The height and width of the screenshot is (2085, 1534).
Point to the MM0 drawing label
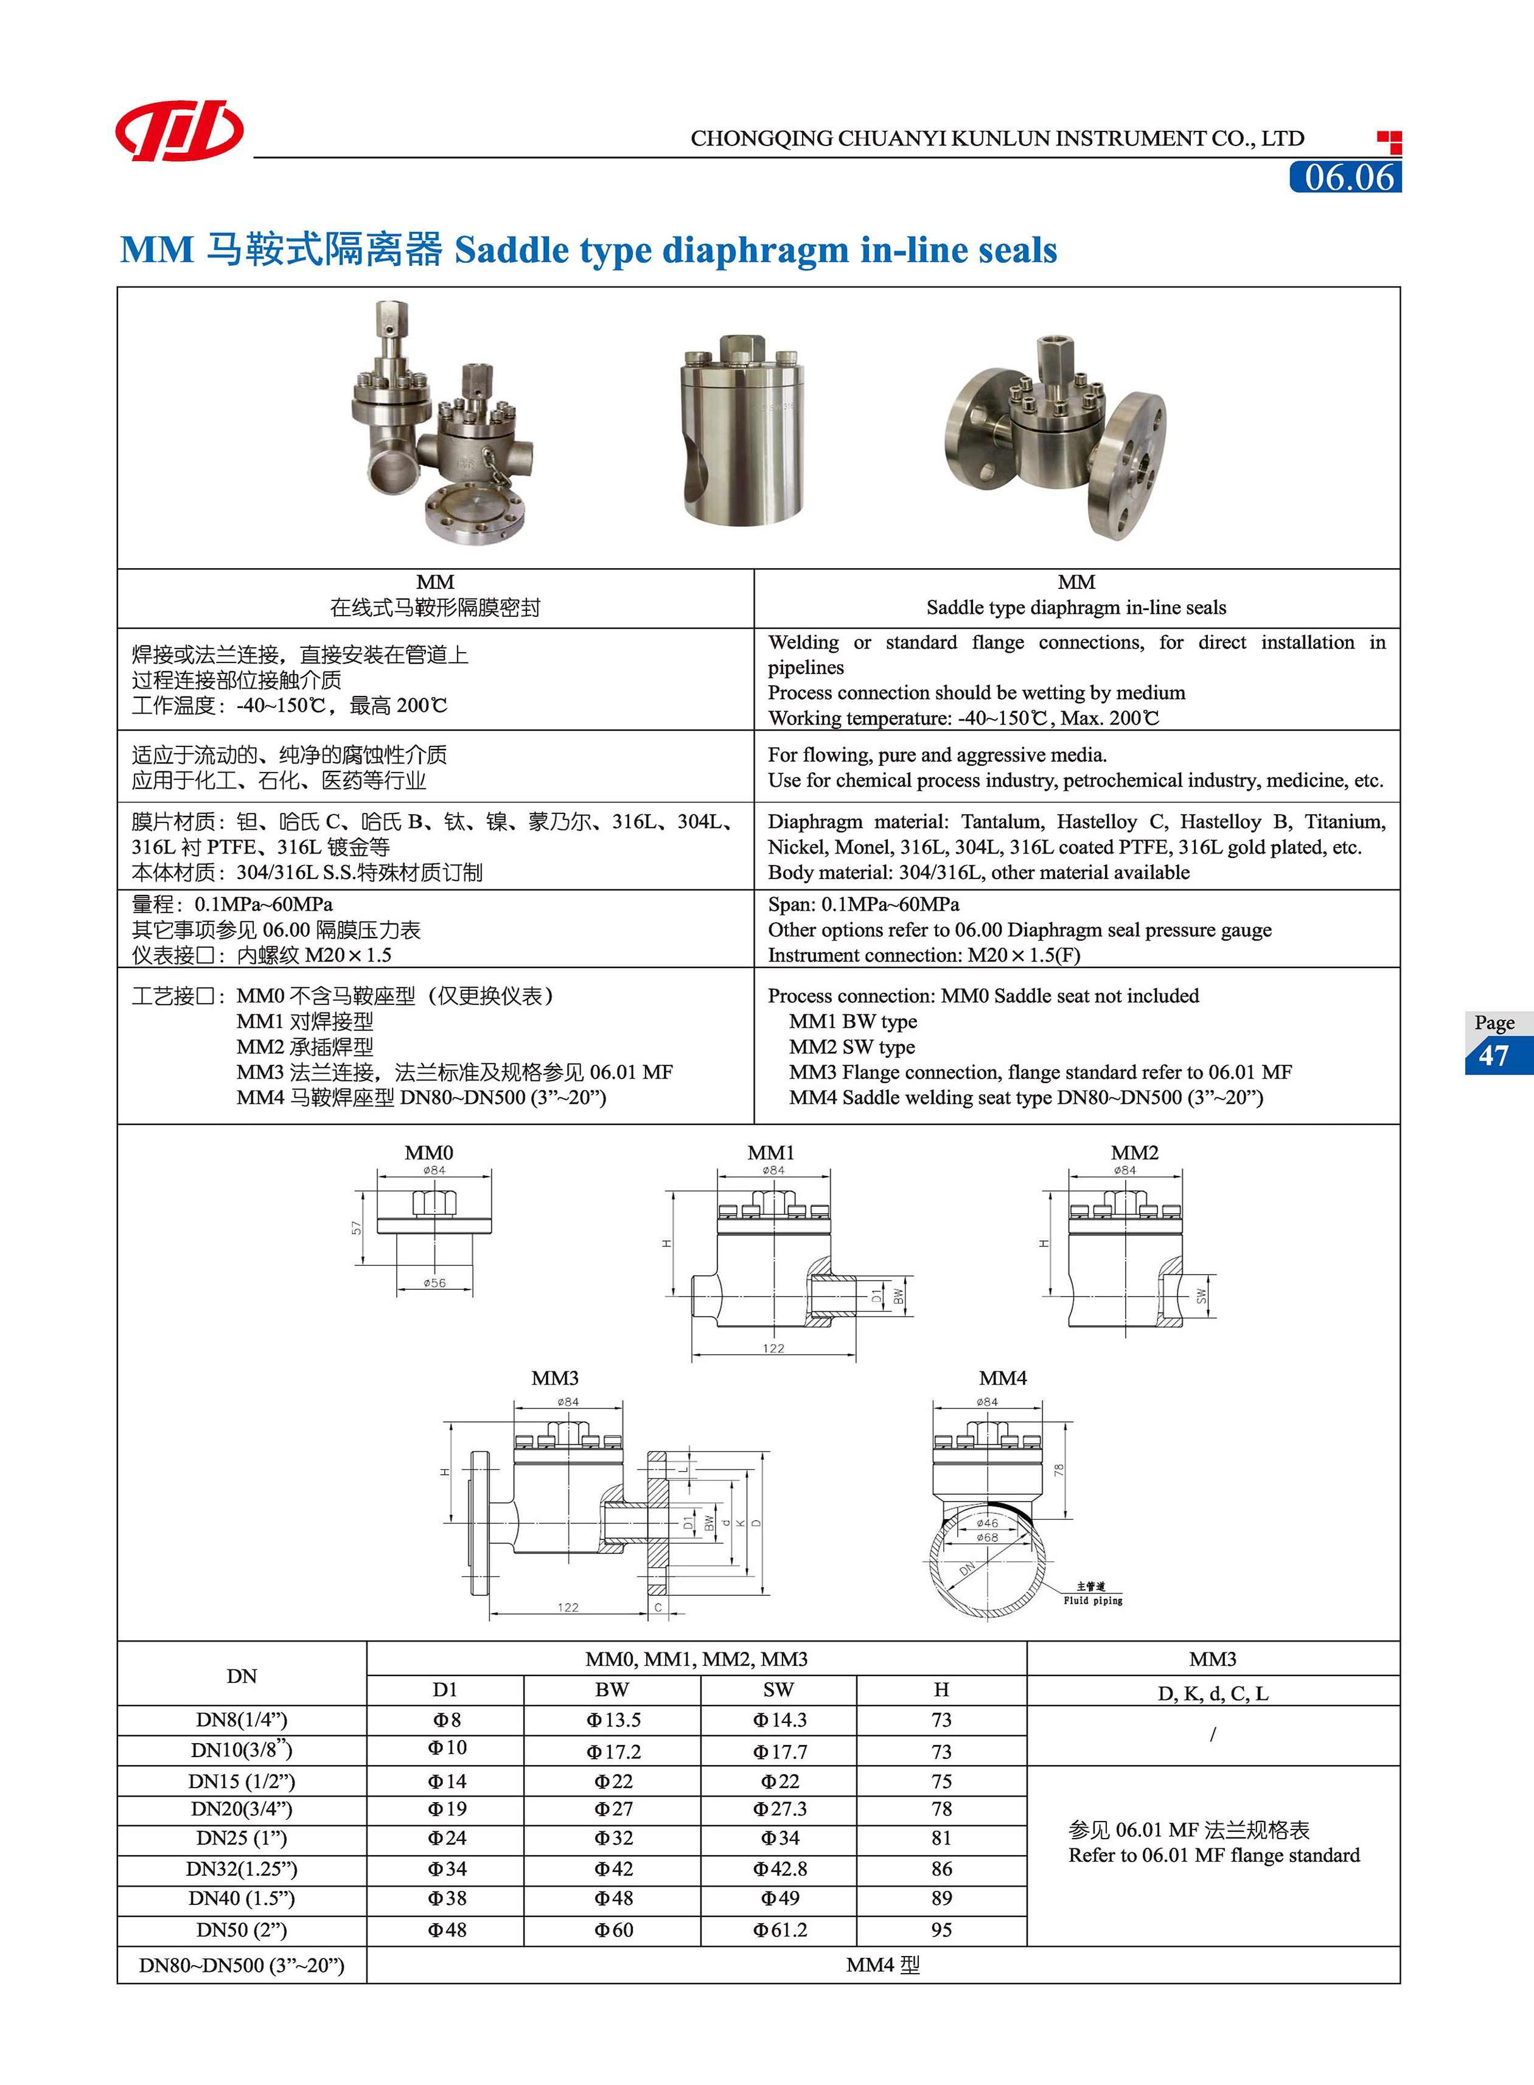pyautogui.click(x=429, y=1153)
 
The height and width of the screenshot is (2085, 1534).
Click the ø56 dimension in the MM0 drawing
pyautogui.click(x=434, y=1283)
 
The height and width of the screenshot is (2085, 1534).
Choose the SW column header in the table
pyautogui.click(x=778, y=1690)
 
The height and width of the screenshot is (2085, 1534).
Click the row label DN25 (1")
pyautogui.click(x=242, y=1838)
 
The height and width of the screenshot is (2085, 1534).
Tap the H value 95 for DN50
pyautogui.click(x=941, y=1930)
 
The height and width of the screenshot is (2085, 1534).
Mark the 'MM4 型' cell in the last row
pyautogui.click(x=882, y=1965)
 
